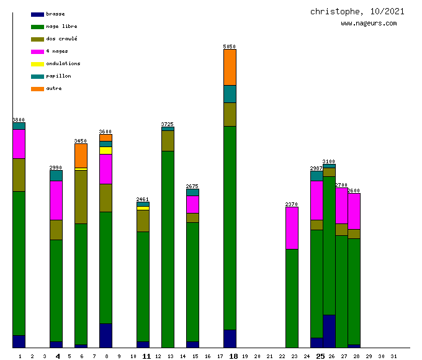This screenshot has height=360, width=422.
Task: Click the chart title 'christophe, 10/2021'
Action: [x=357, y=11]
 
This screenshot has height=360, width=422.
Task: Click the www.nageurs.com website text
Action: [x=369, y=24]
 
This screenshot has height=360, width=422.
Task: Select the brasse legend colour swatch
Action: [x=37, y=14]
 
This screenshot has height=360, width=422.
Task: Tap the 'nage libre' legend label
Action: [x=61, y=26]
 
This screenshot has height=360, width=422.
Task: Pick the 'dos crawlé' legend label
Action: [x=61, y=38]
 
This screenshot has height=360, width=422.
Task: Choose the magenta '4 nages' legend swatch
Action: [x=37, y=52]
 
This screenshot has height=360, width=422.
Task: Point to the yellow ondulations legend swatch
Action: [x=37, y=64]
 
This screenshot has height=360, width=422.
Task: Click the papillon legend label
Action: [x=58, y=76]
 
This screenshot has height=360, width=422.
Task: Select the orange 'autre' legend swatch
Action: [x=37, y=89]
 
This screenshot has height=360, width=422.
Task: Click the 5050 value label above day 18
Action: [x=230, y=47]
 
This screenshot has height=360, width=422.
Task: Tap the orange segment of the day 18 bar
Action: [x=230, y=67]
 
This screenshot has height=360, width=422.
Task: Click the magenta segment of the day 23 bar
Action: [x=292, y=228]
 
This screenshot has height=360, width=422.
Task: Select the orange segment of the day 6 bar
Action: [x=81, y=155]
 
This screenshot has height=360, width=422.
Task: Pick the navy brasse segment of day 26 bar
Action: [x=329, y=331]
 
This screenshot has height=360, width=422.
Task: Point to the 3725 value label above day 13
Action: [x=168, y=124]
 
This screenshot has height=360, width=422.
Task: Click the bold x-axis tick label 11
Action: [x=146, y=356]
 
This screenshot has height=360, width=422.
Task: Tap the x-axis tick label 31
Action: [x=393, y=356]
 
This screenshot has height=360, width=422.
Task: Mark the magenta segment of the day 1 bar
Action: [x=19, y=144]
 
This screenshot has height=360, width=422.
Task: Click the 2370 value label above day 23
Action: [x=292, y=204]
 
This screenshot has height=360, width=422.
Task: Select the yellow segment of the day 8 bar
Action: [x=105, y=150]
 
